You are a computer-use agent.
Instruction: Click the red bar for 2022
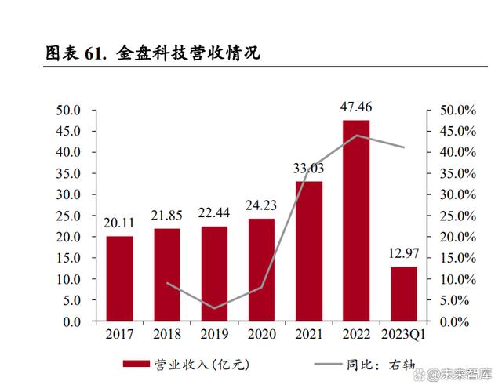coord(355,220)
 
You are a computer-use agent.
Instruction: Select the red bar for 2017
coord(120,278)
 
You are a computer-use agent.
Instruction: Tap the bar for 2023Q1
coord(403,294)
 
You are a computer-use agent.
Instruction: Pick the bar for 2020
coord(261,270)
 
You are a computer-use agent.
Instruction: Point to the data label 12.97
coord(403,253)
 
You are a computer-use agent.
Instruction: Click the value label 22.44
coord(214,213)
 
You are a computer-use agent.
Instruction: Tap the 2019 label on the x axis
coord(214,335)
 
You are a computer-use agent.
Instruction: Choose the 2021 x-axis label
coord(308,335)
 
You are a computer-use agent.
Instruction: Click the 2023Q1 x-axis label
coord(403,335)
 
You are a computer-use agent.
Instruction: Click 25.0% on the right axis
coord(456,216)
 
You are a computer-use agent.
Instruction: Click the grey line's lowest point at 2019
coord(214,308)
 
